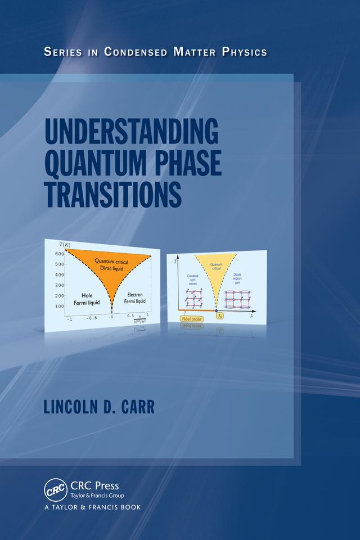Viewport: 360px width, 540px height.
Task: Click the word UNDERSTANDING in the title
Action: [131, 133]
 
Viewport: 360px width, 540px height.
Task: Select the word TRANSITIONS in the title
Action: [112, 193]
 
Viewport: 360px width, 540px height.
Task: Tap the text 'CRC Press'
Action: [94, 484]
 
